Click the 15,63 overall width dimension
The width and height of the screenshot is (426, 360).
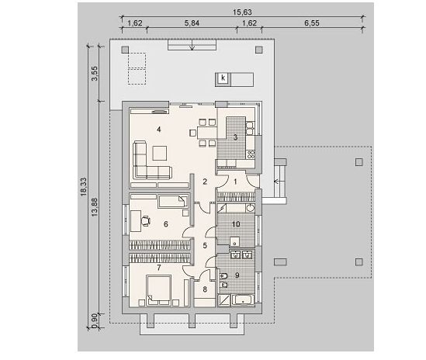point(242,12)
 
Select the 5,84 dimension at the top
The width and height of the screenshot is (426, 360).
point(192,23)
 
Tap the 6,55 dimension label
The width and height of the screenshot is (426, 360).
point(312,23)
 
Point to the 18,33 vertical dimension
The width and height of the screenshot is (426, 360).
point(83,187)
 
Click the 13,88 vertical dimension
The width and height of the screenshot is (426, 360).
point(95,207)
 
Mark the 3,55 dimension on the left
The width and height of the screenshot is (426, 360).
point(95,74)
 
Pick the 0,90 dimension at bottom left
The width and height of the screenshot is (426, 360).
point(95,321)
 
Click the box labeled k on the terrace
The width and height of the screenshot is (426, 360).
point(223,78)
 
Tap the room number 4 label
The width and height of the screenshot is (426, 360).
point(158,130)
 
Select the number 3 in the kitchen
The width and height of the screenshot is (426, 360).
point(235,137)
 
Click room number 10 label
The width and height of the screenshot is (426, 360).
point(236,224)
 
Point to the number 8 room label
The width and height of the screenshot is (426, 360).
point(205,289)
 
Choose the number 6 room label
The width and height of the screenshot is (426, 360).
point(166,224)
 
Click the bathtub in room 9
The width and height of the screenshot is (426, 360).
point(243,300)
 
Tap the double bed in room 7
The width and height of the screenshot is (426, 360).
point(158,290)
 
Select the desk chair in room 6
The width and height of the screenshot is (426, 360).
point(146,220)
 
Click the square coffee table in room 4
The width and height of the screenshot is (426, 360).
point(160,154)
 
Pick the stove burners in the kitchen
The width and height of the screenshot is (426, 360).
point(251,154)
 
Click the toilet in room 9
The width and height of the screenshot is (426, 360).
point(223,276)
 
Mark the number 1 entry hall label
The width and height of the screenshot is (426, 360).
point(235,182)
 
